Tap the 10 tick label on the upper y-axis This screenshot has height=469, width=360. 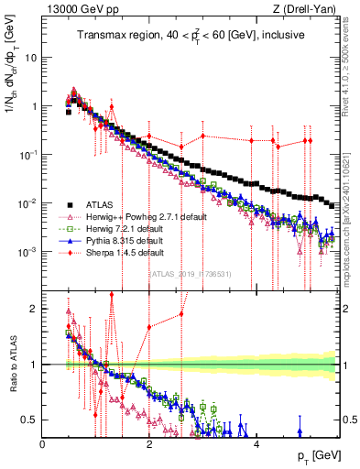click(30, 57)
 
